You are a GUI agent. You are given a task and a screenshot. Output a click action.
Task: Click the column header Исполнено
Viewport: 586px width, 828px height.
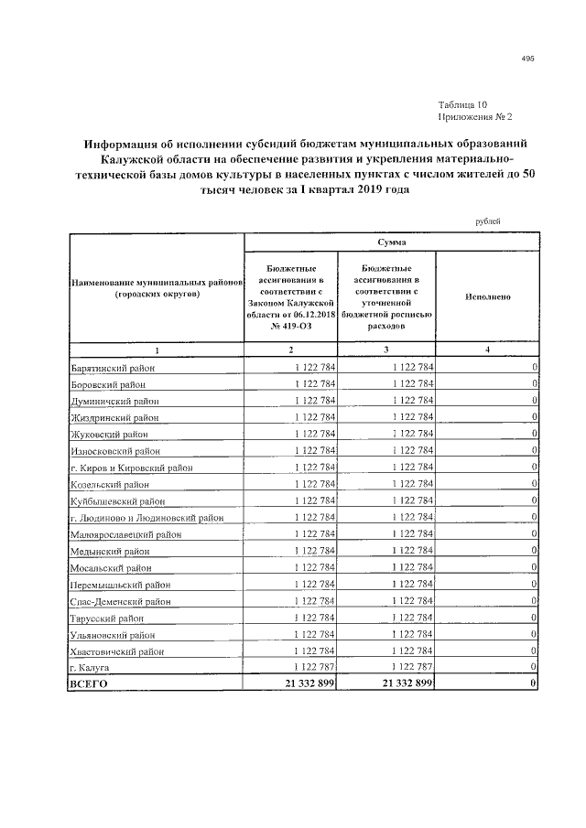(x=486, y=296)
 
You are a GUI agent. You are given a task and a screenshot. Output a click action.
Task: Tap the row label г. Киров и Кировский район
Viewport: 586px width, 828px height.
(x=128, y=468)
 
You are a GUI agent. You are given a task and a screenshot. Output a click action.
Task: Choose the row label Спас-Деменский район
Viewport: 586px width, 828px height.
(x=118, y=602)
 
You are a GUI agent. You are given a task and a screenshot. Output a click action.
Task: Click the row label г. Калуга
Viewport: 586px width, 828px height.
(x=91, y=669)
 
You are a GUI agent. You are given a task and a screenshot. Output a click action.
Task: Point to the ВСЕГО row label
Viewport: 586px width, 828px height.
(x=89, y=684)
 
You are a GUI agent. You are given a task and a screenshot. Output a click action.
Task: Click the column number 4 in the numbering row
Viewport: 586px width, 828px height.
(x=486, y=350)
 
